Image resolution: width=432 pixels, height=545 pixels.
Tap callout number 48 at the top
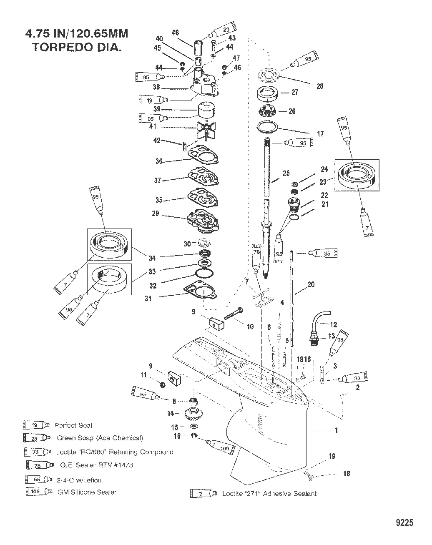pos(175,33)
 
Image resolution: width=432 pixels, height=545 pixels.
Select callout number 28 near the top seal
pos(320,86)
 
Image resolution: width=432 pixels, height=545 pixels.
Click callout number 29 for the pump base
pos(156,213)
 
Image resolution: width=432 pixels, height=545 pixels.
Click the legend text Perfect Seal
pos(73,425)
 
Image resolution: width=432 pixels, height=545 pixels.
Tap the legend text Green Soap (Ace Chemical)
pos(100,438)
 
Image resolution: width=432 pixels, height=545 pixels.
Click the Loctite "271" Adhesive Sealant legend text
pos(269,494)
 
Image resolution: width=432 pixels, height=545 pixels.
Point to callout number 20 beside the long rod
pos(311,285)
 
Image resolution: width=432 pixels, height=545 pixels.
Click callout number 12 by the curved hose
pos(333,324)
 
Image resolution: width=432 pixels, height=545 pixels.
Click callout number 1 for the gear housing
pos(336,430)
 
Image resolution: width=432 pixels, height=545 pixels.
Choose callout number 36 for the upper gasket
pos(158,161)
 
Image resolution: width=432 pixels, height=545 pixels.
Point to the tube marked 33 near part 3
pos(352,379)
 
